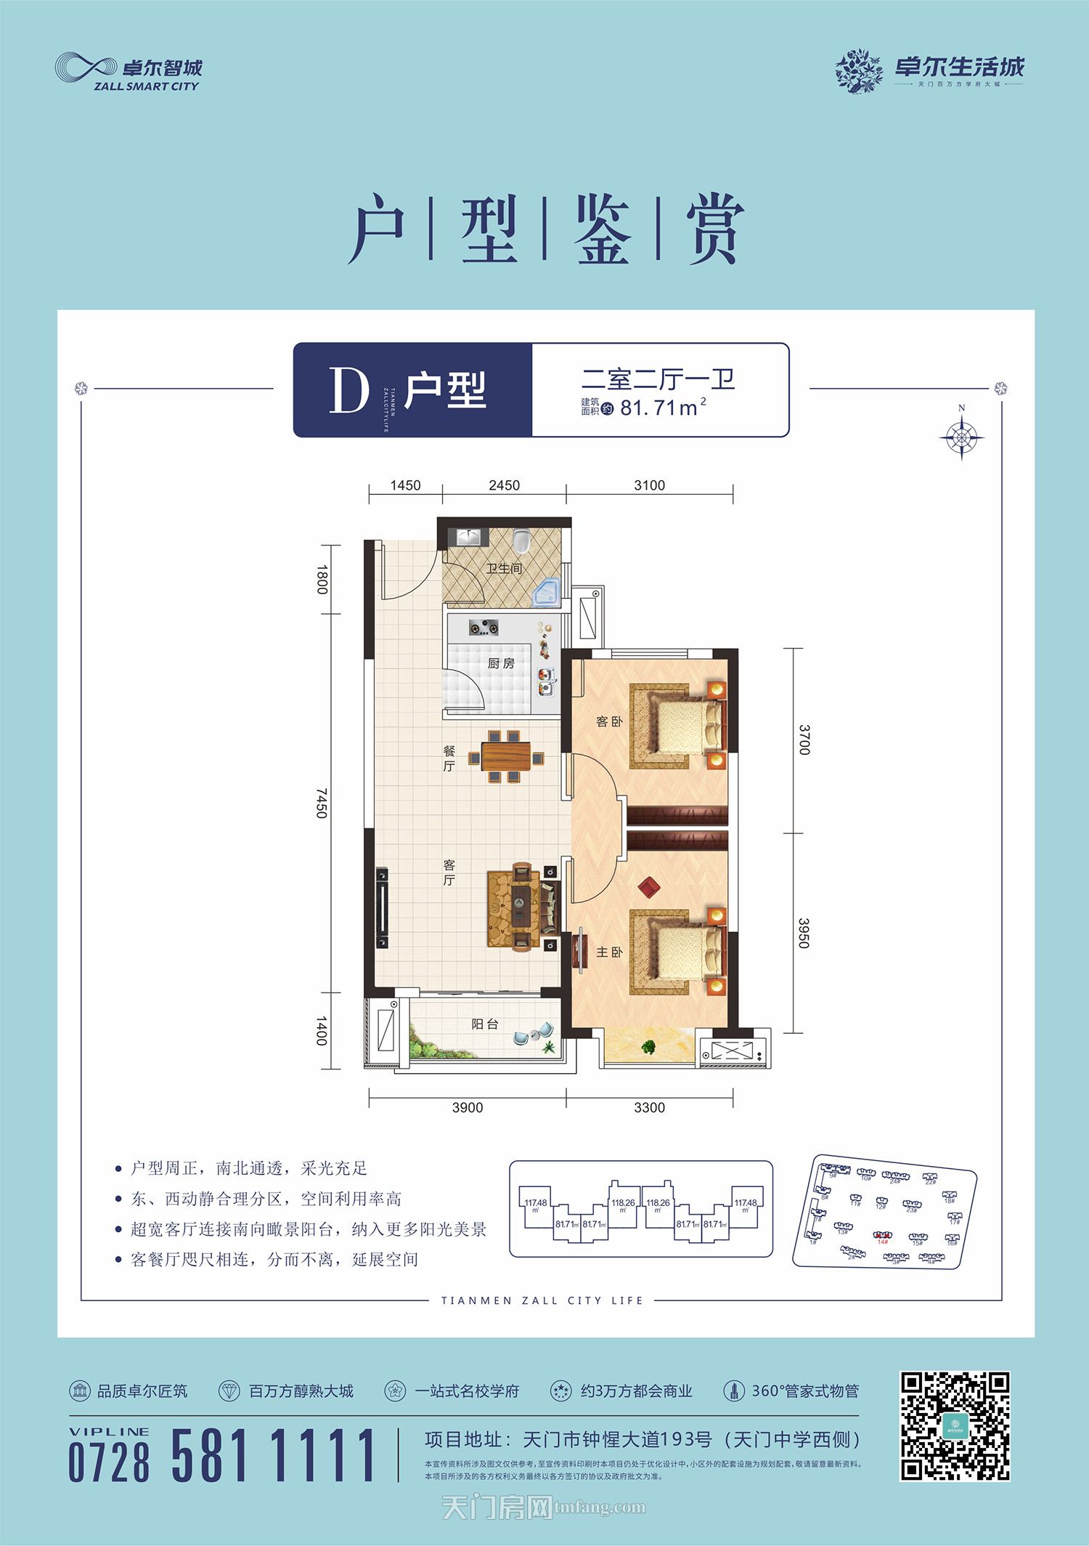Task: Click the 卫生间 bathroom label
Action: pyautogui.click(x=504, y=568)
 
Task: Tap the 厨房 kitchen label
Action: pyautogui.click(x=501, y=663)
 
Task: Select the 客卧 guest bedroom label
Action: pyautogui.click(x=608, y=721)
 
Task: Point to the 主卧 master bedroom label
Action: pyautogui.click(x=609, y=952)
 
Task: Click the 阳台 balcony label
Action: pyautogui.click(x=484, y=1024)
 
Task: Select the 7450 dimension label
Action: pyautogui.click(x=322, y=803)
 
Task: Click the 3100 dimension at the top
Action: pyautogui.click(x=649, y=485)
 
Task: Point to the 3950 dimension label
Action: pyautogui.click(x=804, y=933)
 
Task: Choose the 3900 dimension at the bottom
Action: pyautogui.click(x=467, y=1107)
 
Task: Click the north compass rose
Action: pyautogui.click(x=961, y=437)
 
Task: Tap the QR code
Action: pyautogui.click(x=955, y=1426)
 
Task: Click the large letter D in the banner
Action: pyautogui.click(x=349, y=390)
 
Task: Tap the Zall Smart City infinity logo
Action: pyautogui.click(x=86, y=68)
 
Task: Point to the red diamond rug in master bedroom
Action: pyautogui.click(x=648, y=886)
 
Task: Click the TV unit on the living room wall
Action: pyautogui.click(x=382, y=907)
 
